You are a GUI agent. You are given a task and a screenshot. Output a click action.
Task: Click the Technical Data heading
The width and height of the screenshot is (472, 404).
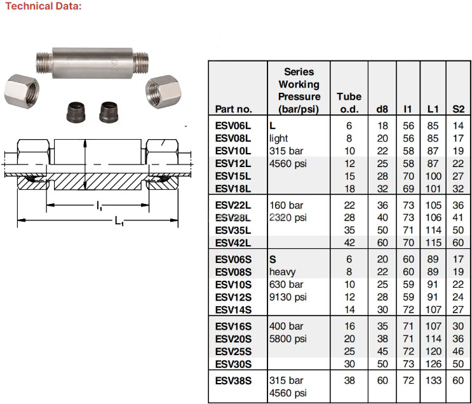(x=41, y=6)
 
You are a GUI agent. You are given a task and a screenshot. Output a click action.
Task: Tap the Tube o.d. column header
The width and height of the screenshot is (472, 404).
(x=349, y=102)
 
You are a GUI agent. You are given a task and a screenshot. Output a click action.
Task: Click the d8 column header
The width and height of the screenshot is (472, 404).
(x=382, y=109)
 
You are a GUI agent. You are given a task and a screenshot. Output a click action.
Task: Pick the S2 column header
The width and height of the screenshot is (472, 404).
(x=458, y=109)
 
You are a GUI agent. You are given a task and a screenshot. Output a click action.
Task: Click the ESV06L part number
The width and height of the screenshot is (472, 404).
(x=233, y=126)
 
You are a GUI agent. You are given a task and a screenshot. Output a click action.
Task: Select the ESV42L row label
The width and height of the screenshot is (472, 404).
(x=233, y=243)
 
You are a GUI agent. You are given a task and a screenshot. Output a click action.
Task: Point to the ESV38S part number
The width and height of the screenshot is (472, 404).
(x=233, y=380)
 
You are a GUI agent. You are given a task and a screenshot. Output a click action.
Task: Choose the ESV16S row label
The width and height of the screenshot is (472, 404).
(x=233, y=327)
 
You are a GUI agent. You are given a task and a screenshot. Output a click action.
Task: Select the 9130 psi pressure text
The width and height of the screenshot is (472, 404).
(x=289, y=297)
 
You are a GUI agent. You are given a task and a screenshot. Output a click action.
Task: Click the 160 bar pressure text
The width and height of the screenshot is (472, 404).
(x=287, y=205)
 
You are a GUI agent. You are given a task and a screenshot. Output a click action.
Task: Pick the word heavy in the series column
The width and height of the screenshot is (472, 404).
(x=283, y=272)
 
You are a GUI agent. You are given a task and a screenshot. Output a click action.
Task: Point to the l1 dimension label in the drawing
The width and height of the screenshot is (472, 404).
(x=100, y=206)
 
